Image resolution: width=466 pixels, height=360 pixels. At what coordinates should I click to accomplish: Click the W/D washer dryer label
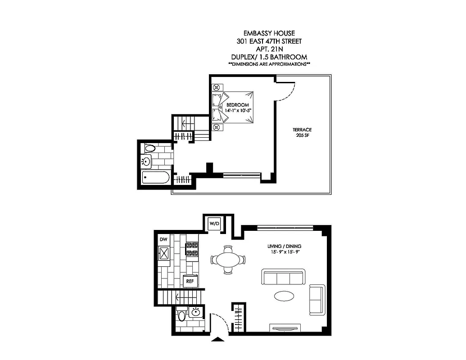pyautogui.click(x=213, y=224)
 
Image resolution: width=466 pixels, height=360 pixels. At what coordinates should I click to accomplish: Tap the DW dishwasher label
pyautogui.click(x=163, y=240)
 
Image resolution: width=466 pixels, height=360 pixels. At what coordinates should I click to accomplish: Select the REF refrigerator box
pyautogui.click(x=190, y=281)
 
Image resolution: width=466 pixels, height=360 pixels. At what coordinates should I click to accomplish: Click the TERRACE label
pyautogui.click(x=298, y=130)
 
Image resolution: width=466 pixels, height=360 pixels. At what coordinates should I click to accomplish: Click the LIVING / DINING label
pyautogui.click(x=284, y=246)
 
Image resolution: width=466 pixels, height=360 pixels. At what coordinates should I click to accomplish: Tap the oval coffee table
pyautogui.click(x=285, y=296)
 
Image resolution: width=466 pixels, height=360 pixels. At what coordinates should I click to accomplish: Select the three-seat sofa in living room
pyautogui.click(x=284, y=277)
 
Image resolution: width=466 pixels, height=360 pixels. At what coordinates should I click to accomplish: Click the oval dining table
pyautogui.click(x=228, y=260)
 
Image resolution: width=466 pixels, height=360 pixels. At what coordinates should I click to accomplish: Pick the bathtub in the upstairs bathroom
pyautogui.click(x=155, y=178)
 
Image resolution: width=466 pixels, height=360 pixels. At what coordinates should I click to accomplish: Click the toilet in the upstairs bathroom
pyautogui.click(x=149, y=148)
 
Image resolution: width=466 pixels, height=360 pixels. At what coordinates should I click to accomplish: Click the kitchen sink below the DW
pyautogui.click(x=164, y=253)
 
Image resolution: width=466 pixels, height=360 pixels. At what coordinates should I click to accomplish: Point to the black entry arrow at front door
pyautogui.click(x=218, y=340)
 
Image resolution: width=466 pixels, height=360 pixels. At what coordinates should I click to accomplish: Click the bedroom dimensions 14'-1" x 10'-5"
pyautogui.click(x=237, y=111)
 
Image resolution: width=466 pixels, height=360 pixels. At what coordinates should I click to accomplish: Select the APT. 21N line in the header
pyautogui.click(x=269, y=49)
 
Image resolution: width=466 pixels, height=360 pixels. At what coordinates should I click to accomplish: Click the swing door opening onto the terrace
pyautogui.click(x=285, y=92)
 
